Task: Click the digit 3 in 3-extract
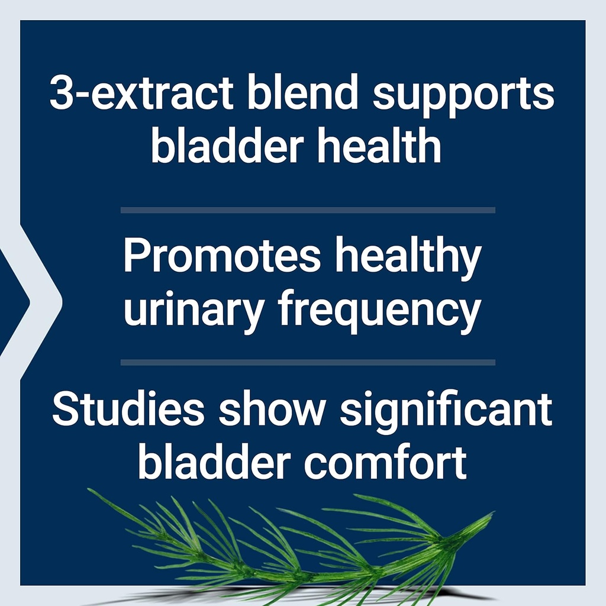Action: point(61,95)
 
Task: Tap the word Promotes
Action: point(222,258)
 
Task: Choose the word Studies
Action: point(130,410)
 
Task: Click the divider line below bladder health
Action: point(308,210)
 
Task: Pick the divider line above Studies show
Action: point(308,362)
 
